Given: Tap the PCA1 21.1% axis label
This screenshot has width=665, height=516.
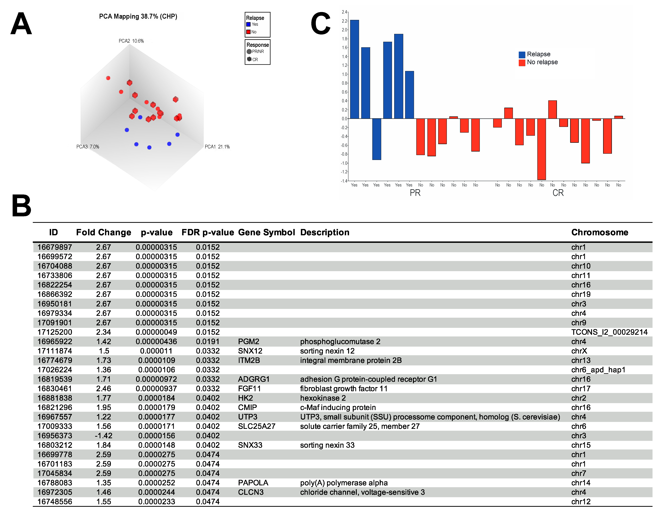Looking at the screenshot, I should [x=217, y=147].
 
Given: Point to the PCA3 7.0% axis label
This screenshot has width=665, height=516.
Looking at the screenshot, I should [x=88, y=147].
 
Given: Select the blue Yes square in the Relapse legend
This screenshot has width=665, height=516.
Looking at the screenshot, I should [x=249, y=24].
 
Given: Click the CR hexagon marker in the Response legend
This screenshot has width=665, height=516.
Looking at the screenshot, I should [x=249, y=59].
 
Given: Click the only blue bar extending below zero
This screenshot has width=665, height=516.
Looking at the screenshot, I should [x=377, y=139].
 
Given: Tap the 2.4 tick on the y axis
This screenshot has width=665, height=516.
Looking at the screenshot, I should [x=344, y=12].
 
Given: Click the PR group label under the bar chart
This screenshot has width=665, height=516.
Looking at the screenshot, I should [x=415, y=193].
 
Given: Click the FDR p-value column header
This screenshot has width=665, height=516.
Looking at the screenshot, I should [x=208, y=232].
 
